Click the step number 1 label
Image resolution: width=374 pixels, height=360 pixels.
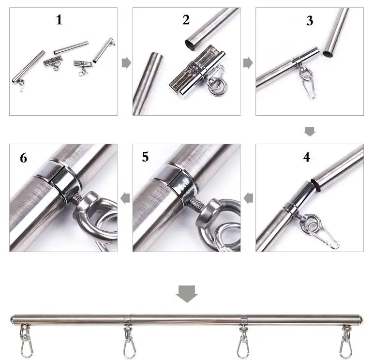[59, 20]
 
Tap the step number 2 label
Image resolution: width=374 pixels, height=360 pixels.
[186, 20]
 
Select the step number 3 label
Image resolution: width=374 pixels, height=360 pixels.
[310, 21]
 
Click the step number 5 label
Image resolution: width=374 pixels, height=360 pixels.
[146, 158]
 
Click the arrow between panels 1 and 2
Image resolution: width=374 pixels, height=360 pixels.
[126, 63]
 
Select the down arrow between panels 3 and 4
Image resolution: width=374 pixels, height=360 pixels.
[310, 131]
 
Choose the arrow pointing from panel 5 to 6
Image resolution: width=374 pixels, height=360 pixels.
[125, 197]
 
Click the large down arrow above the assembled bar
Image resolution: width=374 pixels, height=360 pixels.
[187, 294]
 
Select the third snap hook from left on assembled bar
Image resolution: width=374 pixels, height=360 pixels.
[243, 346]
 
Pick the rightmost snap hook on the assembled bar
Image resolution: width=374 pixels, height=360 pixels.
[346, 346]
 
